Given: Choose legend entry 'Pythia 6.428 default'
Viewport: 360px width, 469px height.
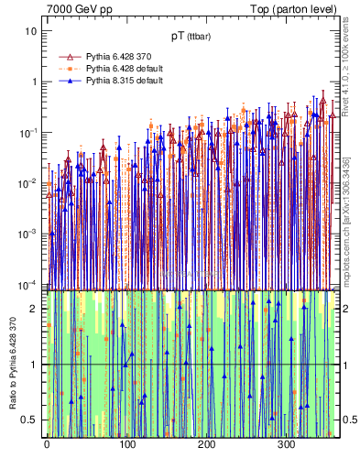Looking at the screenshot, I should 127,69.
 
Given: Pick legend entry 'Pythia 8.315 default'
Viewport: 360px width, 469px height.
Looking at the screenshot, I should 127,81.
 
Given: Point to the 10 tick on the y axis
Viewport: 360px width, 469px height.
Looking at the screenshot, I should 31,30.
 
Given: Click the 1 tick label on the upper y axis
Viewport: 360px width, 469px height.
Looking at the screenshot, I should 34,82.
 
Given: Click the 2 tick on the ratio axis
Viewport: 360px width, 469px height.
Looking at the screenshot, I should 34,309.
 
